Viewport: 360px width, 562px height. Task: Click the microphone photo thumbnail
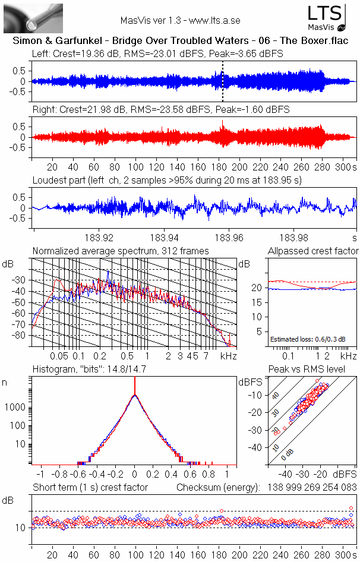point(25,18)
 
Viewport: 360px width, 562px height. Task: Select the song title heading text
point(181,41)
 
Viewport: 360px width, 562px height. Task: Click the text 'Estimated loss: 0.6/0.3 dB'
point(304,339)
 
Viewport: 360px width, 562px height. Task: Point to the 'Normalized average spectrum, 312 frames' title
point(121,251)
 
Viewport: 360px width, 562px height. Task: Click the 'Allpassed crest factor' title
point(313,251)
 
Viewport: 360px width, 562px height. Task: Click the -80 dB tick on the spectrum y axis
point(20,336)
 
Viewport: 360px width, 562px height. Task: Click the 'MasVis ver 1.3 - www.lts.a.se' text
point(180,20)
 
